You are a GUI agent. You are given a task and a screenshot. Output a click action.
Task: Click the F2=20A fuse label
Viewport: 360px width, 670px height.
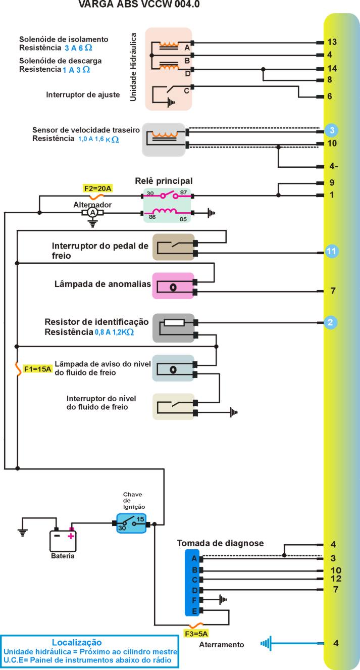pos(97,188)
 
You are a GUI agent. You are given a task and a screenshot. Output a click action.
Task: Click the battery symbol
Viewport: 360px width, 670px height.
pos(63,540)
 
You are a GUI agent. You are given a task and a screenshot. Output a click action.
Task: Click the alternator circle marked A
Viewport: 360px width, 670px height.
pos(92,213)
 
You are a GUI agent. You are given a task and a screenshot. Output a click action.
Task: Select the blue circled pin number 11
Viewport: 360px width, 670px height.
pos(331,251)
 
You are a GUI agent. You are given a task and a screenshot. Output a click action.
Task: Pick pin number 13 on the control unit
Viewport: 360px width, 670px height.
pos(332,42)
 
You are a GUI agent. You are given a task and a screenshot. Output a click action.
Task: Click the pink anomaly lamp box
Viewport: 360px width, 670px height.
pos(173,286)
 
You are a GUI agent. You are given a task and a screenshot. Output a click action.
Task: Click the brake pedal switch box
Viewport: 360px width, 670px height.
pos(173,247)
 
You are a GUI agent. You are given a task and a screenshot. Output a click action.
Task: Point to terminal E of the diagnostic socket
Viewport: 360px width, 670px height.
pos(193,611)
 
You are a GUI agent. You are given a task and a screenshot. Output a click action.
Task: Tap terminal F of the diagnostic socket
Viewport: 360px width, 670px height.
pos(193,600)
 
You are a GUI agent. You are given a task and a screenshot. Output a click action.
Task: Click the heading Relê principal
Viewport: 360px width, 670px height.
pos(164,180)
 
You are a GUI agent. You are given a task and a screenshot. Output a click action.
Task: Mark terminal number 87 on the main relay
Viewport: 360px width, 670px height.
pos(183,193)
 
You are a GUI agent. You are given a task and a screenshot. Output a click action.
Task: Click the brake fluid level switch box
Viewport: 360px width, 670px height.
pos(173,407)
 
